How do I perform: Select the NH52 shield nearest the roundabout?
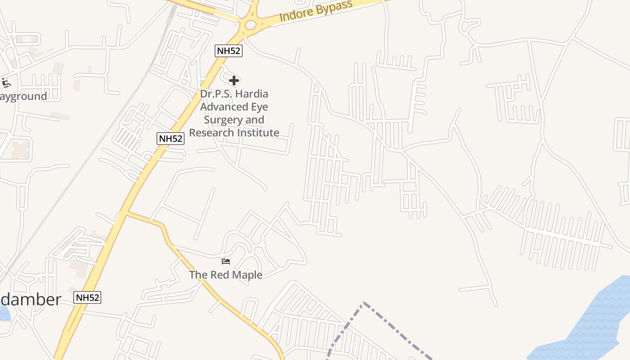pos(229,51)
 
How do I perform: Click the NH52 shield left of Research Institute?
pos(171,139)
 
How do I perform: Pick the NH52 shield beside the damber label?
pos(87,297)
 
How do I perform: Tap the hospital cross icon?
pos(234,81)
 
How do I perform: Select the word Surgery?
pos(221,120)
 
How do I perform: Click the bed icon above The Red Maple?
pos(226,261)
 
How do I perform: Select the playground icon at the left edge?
pos(6,83)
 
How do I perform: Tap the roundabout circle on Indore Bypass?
pos(250,25)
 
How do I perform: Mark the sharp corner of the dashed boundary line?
pos(363,303)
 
